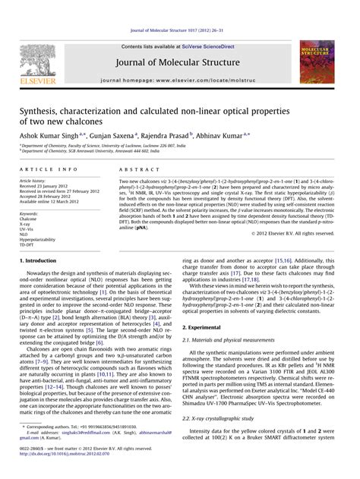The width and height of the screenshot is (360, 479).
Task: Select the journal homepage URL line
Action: click(x=179, y=79)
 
